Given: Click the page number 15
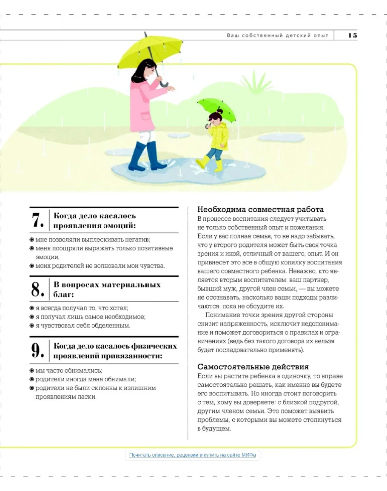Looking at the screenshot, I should pyautogui.click(x=353, y=35).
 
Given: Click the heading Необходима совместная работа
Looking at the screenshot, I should pyautogui.click(x=260, y=209).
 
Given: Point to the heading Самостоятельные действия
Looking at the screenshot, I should pyautogui.click(x=253, y=366).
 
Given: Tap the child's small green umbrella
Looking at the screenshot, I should pyautogui.click(x=217, y=107).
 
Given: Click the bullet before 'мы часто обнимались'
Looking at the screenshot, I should pyautogui.click(x=32, y=370).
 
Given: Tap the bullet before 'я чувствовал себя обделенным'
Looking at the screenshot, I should pyautogui.click(x=32, y=325).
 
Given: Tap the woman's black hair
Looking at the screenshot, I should pyautogui.click(x=142, y=70).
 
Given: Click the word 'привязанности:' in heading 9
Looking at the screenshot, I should pyautogui.click(x=136, y=356).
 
